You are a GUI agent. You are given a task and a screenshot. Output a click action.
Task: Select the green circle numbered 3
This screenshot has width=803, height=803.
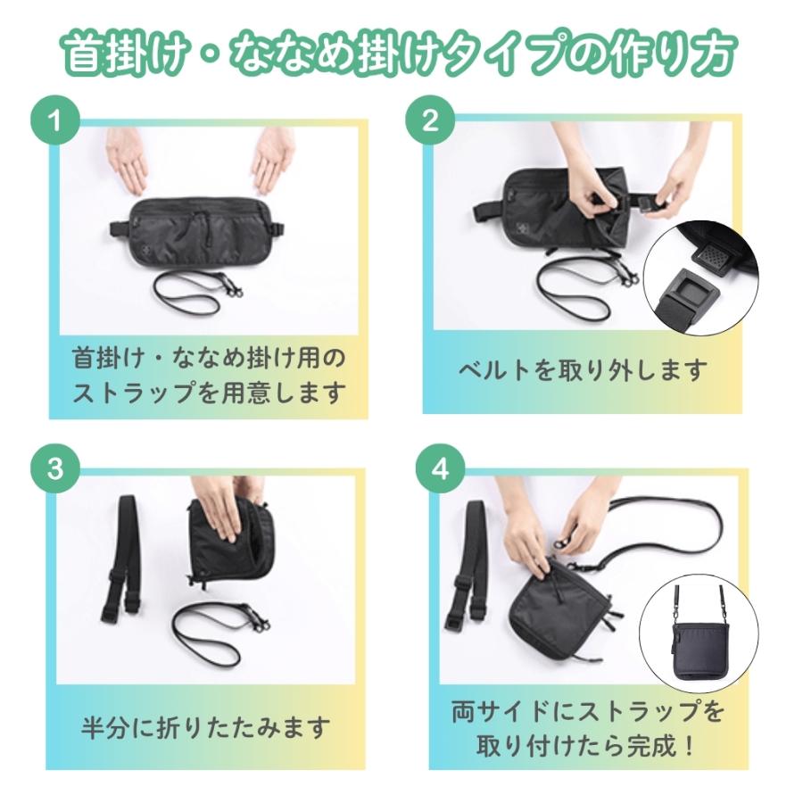55,470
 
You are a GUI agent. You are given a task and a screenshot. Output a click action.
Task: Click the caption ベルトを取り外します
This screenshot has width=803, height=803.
584,368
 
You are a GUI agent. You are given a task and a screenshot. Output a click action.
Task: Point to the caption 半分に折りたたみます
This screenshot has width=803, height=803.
206,726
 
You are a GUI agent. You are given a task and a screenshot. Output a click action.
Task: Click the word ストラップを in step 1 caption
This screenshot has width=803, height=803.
138,393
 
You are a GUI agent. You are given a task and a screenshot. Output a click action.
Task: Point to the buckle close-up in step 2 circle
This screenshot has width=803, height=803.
705,277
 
